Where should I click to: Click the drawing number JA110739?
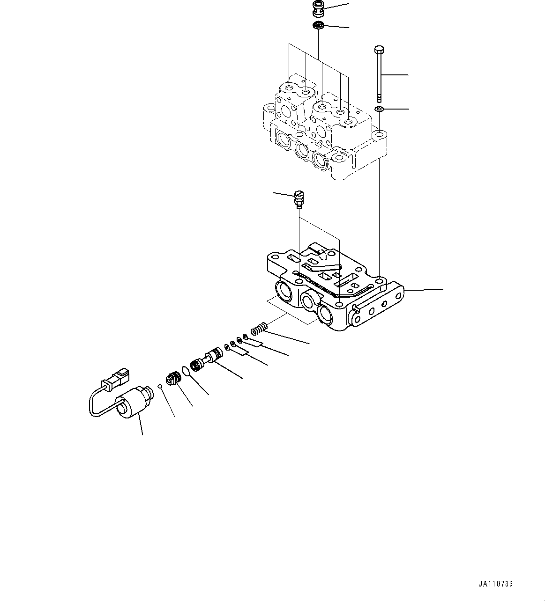coord(495,584)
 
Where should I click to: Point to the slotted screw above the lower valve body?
coord(298,198)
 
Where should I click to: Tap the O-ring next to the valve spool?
coord(186,371)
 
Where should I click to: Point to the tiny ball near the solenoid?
coord(160,386)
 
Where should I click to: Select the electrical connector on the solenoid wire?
coord(118,377)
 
